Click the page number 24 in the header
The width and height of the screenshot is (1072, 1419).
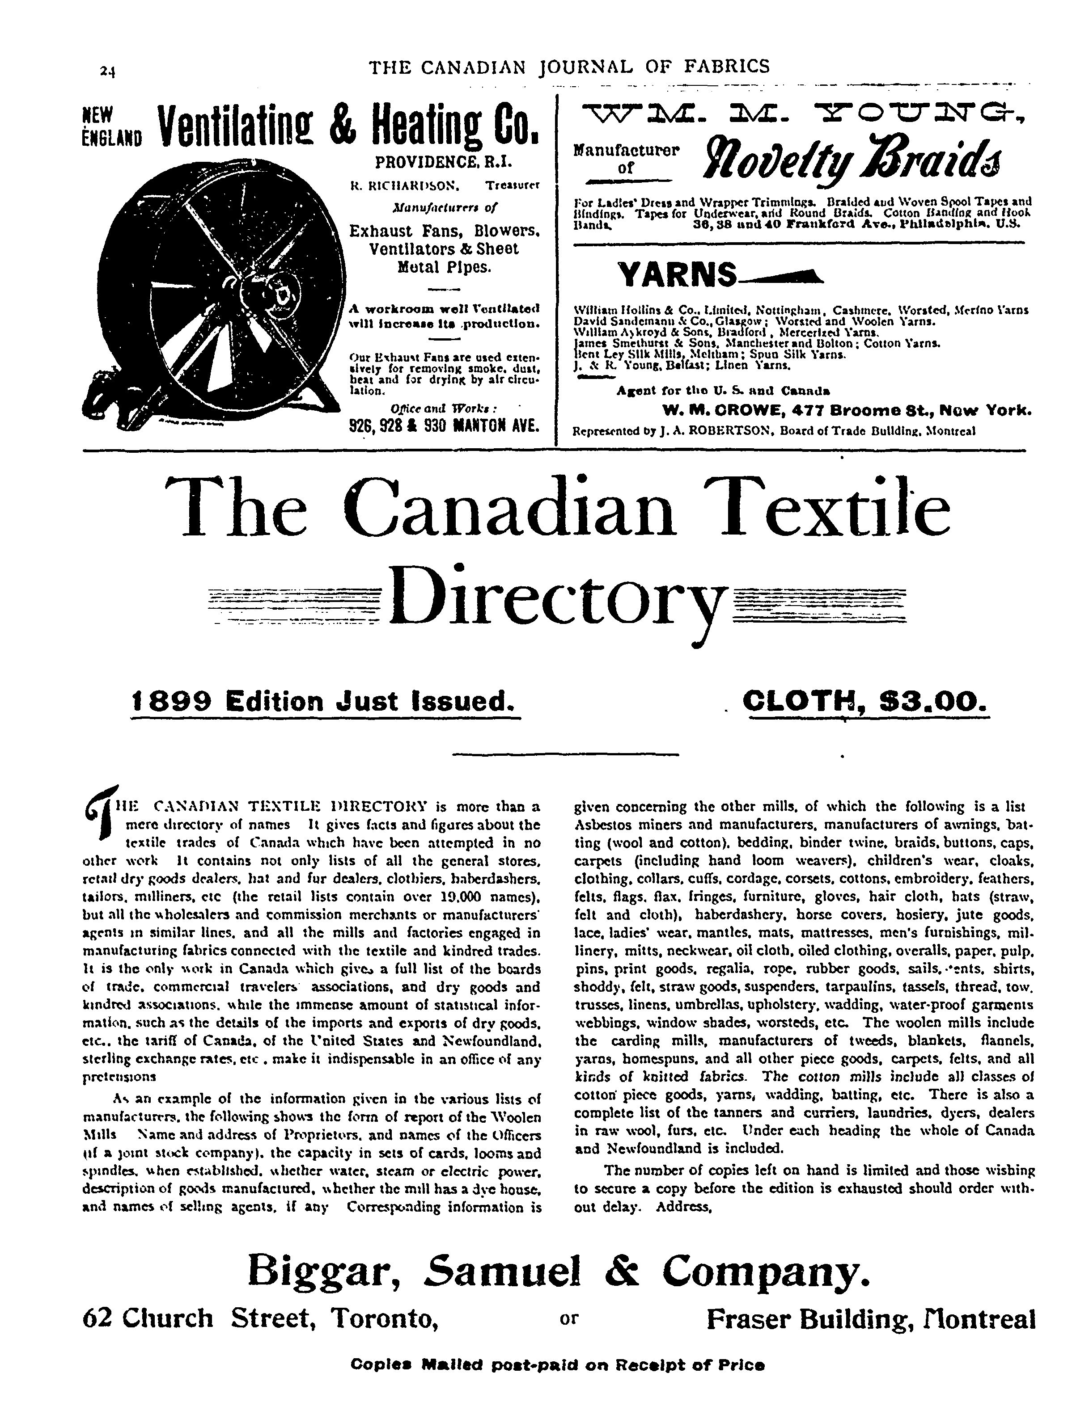coord(106,71)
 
